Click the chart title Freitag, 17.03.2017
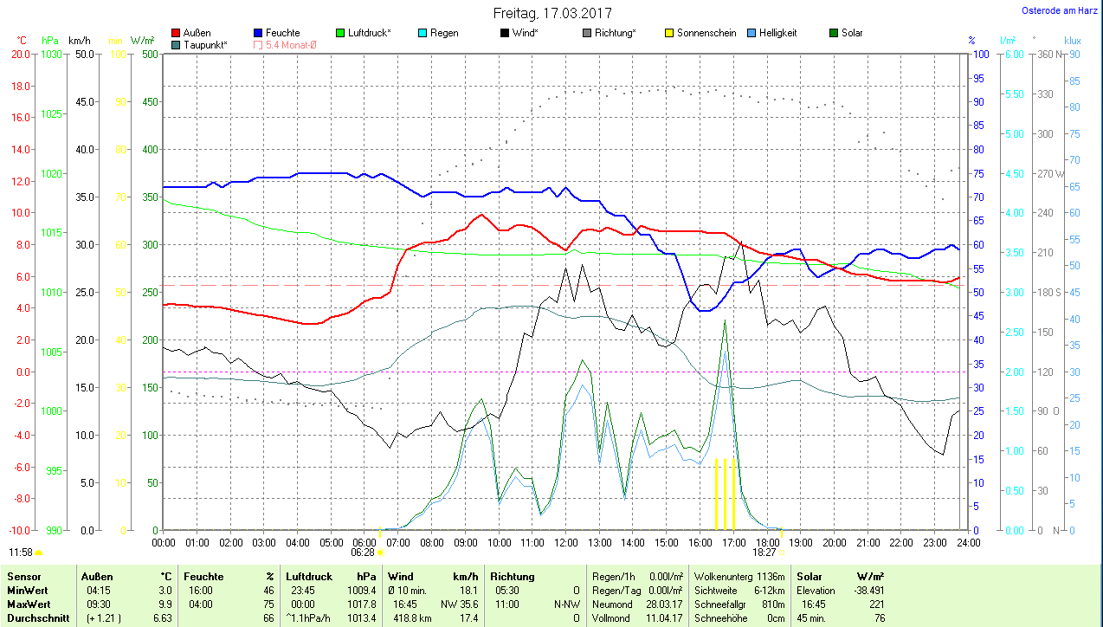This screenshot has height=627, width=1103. [552, 13]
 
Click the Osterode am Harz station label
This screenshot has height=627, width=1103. [1061, 11]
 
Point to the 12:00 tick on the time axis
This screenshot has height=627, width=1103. [565, 542]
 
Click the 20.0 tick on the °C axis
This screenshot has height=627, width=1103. [20, 54]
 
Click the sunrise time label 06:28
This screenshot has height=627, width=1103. [363, 552]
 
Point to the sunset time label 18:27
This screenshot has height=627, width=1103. [764, 552]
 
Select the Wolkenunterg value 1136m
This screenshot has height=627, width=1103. [771, 577]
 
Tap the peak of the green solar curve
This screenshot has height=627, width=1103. [725, 321]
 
